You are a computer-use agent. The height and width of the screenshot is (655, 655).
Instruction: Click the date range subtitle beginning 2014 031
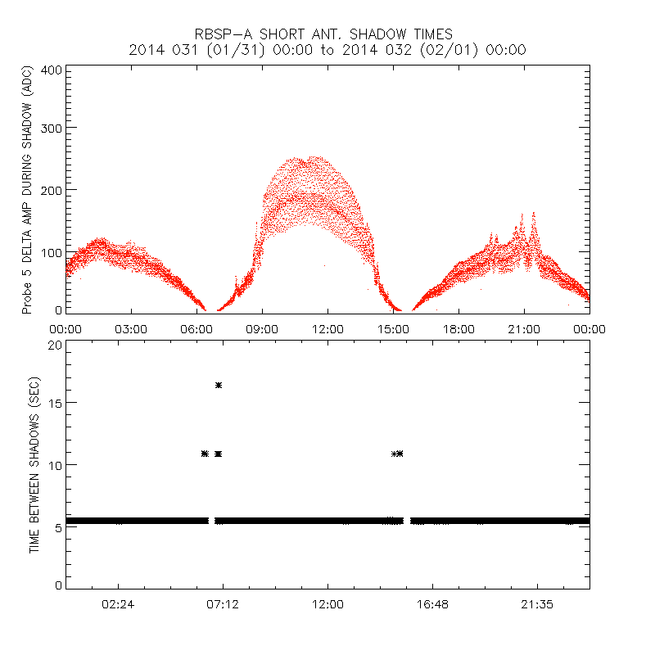(327, 50)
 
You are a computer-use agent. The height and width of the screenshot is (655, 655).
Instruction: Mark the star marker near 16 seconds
(219, 385)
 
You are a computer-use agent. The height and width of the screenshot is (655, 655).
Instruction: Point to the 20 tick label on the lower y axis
(54, 345)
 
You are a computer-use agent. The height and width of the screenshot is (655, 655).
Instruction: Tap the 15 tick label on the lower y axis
(54, 403)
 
